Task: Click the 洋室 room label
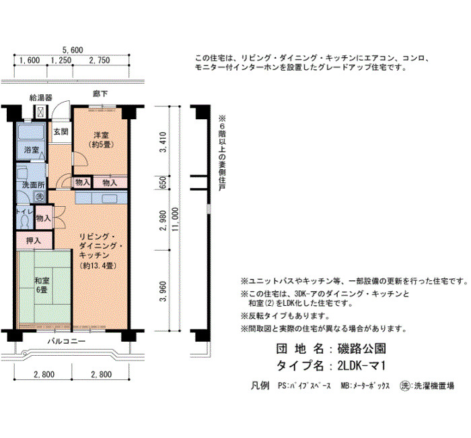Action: tap(101, 135)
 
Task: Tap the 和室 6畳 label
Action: tap(42, 285)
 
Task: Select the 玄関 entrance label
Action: tap(61, 132)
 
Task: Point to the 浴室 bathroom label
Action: tap(32, 150)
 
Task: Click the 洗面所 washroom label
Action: tap(34, 185)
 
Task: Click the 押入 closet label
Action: tap(34, 241)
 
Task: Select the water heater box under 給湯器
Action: tap(41, 112)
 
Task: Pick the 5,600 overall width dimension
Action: tap(73, 50)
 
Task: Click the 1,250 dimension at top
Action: tap(61, 60)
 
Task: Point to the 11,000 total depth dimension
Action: tap(175, 220)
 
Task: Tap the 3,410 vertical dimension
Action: tap(163, 142)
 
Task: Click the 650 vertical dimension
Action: tap(163, 183)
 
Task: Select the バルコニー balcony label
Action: tap(67, 341)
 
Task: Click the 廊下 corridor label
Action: tap(100, 94)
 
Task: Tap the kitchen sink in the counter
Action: tap(109, 199)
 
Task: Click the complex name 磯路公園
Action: tap(362, 348)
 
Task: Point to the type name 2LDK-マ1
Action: tap(361, 366)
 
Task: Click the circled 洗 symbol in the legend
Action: tap(405, 385)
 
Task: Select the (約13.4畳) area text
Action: tap(98, 266)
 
